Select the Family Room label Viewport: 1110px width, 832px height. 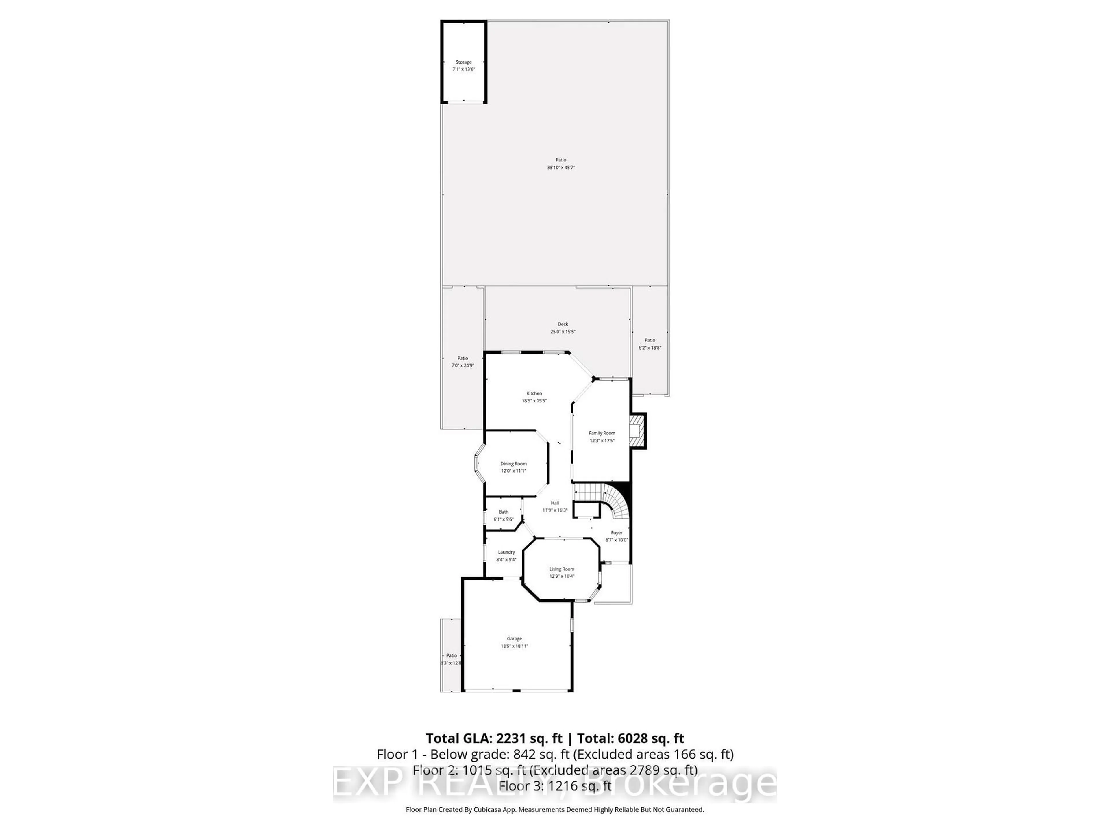[x=602, y=433]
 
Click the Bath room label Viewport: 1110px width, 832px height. [x=503, y=512]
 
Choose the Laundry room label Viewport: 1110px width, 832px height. [x=506, y=552]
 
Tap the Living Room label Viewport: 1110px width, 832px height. [x=562, y=569]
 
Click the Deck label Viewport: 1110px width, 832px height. [x=563, y=324]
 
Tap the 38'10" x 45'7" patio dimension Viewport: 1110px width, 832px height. [x=560, y=168]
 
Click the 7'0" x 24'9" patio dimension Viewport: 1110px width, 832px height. [x=463, y=366]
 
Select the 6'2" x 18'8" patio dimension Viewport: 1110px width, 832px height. [x=650, y=348]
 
